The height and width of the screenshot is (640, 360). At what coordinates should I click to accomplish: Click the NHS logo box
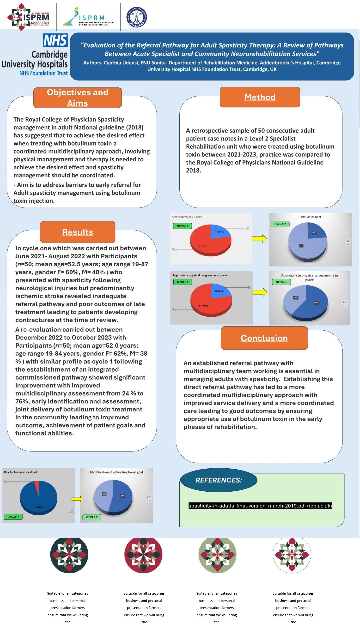(55, 40)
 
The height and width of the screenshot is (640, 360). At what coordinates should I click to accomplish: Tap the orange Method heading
(260, 97)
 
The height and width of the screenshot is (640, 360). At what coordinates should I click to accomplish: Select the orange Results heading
(78, 232)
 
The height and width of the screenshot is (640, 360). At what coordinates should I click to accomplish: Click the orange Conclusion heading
(264, 338)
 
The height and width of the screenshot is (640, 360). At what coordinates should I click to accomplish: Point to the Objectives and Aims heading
(78, 98)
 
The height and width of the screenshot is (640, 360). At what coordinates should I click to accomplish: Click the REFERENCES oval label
(219, 480)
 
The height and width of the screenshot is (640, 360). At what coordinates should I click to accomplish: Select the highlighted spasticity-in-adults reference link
(260, 506)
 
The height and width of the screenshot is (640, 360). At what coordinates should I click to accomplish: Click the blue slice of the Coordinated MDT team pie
(220, 231)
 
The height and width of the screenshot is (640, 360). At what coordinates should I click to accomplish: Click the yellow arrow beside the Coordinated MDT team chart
(259, 239)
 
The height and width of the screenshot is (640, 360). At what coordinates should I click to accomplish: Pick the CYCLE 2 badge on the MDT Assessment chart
(280, 224)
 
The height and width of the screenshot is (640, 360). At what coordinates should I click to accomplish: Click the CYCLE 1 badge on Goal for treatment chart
(13, 517)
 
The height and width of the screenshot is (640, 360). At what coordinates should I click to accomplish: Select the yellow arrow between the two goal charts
(77, 499)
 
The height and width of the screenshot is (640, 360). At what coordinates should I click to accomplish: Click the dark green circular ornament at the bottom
(69, 555)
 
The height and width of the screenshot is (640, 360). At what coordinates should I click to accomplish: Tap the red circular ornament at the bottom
(143, 555)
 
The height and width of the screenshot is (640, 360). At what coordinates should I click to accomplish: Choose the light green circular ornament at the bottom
(217, 555)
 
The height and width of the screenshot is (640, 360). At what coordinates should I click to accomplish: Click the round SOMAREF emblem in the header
(136, 17)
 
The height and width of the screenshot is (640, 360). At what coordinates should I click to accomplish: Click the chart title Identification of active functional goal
(116, 472)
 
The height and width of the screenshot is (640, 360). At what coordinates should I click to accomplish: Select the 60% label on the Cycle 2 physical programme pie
(316, 303)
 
